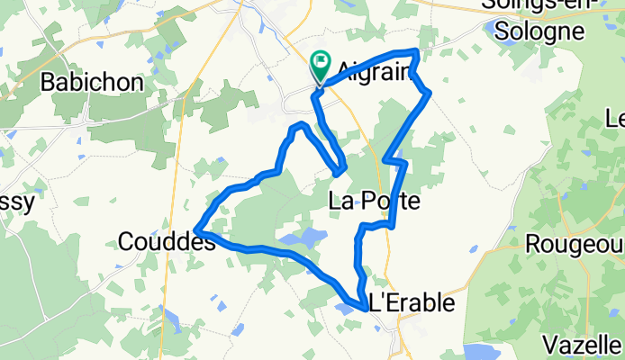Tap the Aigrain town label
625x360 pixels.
click(374, 71)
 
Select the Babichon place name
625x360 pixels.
click(92, 83)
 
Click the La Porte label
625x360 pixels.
click(375, 200)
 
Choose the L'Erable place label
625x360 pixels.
click(412, 303)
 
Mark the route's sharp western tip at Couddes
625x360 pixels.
click(197, 232)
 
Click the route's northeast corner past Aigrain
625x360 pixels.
click(417, 52)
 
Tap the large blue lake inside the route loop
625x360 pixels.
click(303, 239)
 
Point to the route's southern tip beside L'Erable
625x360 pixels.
click(365, 309)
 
